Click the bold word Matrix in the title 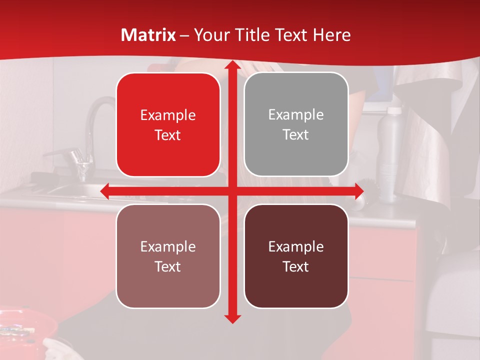point(148,35)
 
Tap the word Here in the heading point(331,35)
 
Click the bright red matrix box point(168,124)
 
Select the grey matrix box point(296,124)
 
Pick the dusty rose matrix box point(168,256)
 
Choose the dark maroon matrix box point(296,256)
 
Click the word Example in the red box point(168,115)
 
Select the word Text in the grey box point(296,135)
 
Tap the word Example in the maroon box point(296,246)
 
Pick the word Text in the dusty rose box point(168,266)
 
